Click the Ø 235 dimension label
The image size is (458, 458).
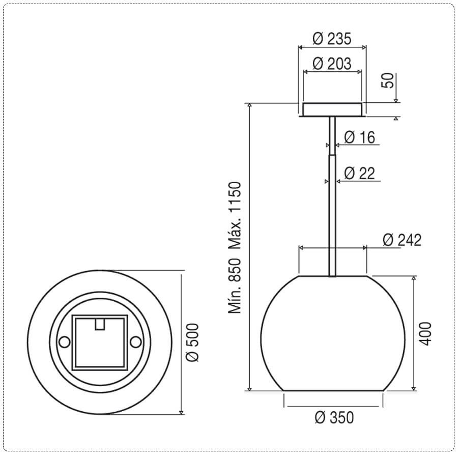(332, 39)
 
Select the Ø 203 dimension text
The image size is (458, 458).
(332, 64)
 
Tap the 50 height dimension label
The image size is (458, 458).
(388, 80)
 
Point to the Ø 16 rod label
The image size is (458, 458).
(359, 137)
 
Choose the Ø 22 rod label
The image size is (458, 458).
(359, 173)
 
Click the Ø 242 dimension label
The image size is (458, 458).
(402, 240)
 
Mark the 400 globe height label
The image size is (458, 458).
(425, 334)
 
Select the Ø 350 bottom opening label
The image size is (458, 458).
(334, 417)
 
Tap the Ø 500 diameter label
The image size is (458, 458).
(193, 342)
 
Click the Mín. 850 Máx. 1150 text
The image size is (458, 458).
(235, 248)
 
